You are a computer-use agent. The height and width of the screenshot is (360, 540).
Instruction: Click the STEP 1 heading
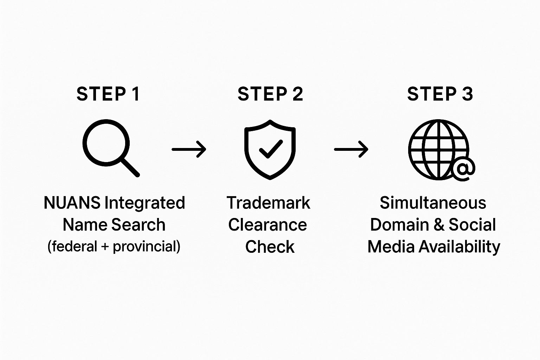click(108, 94)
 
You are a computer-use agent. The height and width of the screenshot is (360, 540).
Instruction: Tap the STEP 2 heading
click(270, 94)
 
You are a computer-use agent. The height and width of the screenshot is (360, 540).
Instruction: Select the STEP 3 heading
click(440, 94)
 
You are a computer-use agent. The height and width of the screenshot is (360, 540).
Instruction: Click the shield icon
click(270, 149)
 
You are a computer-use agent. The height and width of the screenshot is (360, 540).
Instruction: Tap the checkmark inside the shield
click(271, 149)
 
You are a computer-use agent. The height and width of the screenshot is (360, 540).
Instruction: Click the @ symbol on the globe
click(463, 169)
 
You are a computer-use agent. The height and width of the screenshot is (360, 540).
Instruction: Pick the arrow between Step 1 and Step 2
click(189, 149)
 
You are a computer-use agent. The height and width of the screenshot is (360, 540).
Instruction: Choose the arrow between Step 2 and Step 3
click(351, 149)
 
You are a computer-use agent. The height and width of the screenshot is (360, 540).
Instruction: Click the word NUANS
click(72, 203)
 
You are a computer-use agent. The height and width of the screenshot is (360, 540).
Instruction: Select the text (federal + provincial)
click(114, 246)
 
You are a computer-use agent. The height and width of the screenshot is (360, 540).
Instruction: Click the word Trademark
click(268, 203)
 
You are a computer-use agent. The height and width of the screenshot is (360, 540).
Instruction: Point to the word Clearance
click(268, 225)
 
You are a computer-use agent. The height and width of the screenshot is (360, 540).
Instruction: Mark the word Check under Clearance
click(270, 247)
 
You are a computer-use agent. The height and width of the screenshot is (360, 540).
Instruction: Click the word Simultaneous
click(433, 203)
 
